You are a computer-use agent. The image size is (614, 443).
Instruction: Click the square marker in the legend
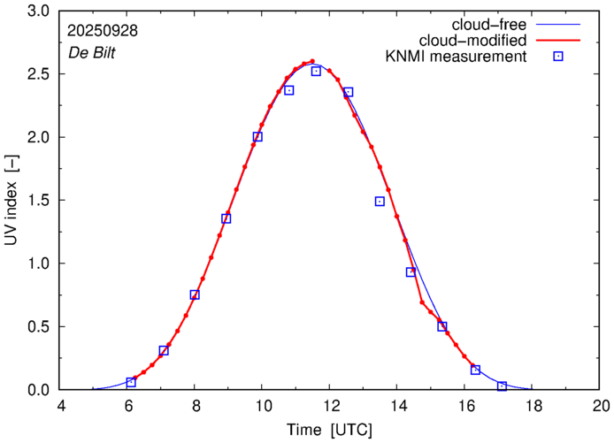(x=559, y=57)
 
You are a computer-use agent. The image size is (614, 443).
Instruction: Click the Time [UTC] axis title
(x=329, y=431)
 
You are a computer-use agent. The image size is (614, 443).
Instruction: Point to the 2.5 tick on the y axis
(x=39, y=74)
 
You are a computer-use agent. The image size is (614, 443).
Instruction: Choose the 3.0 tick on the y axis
(x=39, y=11)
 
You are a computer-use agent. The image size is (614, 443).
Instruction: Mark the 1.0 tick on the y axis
(x=39, y=264)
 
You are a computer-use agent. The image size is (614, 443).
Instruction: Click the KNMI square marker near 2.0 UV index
(x=257, y=137)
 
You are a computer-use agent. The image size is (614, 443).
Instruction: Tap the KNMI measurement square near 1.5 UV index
(x=380, y=202)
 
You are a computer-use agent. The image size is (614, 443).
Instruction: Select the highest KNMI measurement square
(x=316, y=72)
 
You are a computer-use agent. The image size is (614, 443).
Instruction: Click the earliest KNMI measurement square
(x=131, y=382)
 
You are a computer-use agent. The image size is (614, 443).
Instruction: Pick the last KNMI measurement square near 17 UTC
(x=502, y=386)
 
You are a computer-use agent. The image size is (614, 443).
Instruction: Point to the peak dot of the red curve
(x=312, y=61)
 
